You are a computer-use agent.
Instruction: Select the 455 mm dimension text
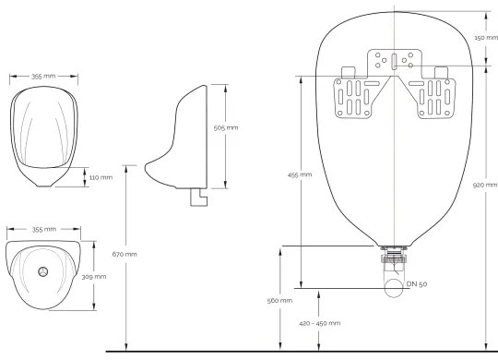coord(299,174)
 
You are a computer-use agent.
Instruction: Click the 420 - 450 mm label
coord(320,323)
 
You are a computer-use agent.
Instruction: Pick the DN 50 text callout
coord(417,283)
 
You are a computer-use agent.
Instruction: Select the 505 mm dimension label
coord(225,127)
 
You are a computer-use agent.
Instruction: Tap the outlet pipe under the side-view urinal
coord(196,196)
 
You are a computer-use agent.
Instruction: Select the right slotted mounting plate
coord(435,97)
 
